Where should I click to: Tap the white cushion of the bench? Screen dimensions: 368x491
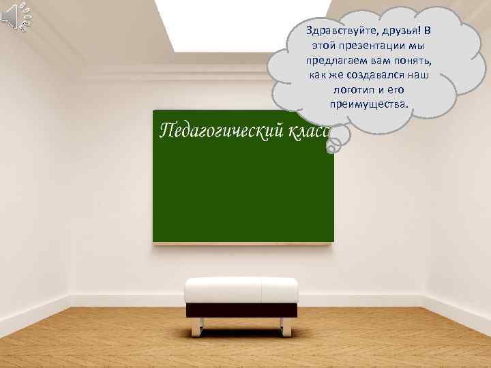(241, 290)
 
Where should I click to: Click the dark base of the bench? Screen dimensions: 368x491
(241, 309)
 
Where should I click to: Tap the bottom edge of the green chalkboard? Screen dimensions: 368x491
(243, 241)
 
